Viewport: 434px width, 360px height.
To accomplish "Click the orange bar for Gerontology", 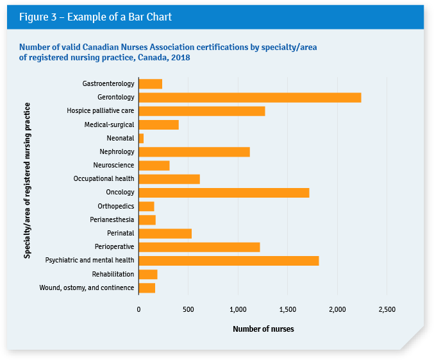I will click(250, 98).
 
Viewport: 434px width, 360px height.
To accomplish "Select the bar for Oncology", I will click(224, 193).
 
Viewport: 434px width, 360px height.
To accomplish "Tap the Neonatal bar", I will click(141, 138).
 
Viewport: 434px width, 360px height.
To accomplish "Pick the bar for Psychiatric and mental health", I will click(229, 261).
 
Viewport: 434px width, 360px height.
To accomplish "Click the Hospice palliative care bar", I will click(202, 111).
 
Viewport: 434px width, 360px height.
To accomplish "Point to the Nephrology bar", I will click(194, 152).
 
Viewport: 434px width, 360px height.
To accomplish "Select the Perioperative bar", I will click(199, 247).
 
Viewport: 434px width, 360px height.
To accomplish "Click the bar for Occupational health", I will click(169, 179).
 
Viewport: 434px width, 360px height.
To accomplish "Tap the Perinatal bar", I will click(165, 234).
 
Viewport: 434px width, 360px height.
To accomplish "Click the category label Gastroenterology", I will click(108, 84).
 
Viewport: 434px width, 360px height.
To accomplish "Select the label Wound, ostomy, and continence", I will click(87, 287).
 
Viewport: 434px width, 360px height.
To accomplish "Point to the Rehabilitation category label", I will click(113, 274).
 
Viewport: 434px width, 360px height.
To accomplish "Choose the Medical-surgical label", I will click(109, 124).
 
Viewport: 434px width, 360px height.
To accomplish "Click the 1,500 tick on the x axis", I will click(287, 309).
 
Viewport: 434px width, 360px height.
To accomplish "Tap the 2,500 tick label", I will click(387, 309).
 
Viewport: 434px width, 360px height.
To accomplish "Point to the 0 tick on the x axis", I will click(138, 309).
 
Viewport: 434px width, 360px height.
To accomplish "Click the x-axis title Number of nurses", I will click(263, 329).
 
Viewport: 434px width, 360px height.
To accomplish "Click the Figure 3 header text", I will click(95, 17).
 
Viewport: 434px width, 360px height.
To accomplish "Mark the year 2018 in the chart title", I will click(181, 58).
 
